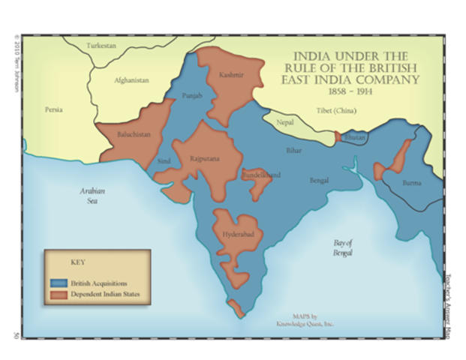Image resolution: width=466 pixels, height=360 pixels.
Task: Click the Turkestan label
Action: [101, 46]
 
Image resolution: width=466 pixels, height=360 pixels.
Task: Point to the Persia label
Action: [53, 109]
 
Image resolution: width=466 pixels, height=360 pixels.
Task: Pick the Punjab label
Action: [192, 96]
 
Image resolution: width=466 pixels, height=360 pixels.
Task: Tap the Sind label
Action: [164, 160]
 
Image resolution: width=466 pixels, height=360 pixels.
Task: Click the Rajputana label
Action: [205, 159]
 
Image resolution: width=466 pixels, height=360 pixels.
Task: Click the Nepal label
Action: [285, 121]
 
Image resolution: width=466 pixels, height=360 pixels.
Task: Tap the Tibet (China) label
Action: [335, 111]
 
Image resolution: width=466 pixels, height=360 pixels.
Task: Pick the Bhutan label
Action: [354, 139]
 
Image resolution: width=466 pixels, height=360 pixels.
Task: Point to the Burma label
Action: [412, 182]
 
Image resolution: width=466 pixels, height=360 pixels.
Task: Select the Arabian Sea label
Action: [90, 196]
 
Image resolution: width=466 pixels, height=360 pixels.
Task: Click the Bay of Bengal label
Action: [343, 247]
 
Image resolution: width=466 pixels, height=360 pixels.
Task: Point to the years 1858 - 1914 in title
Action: [353, 90]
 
